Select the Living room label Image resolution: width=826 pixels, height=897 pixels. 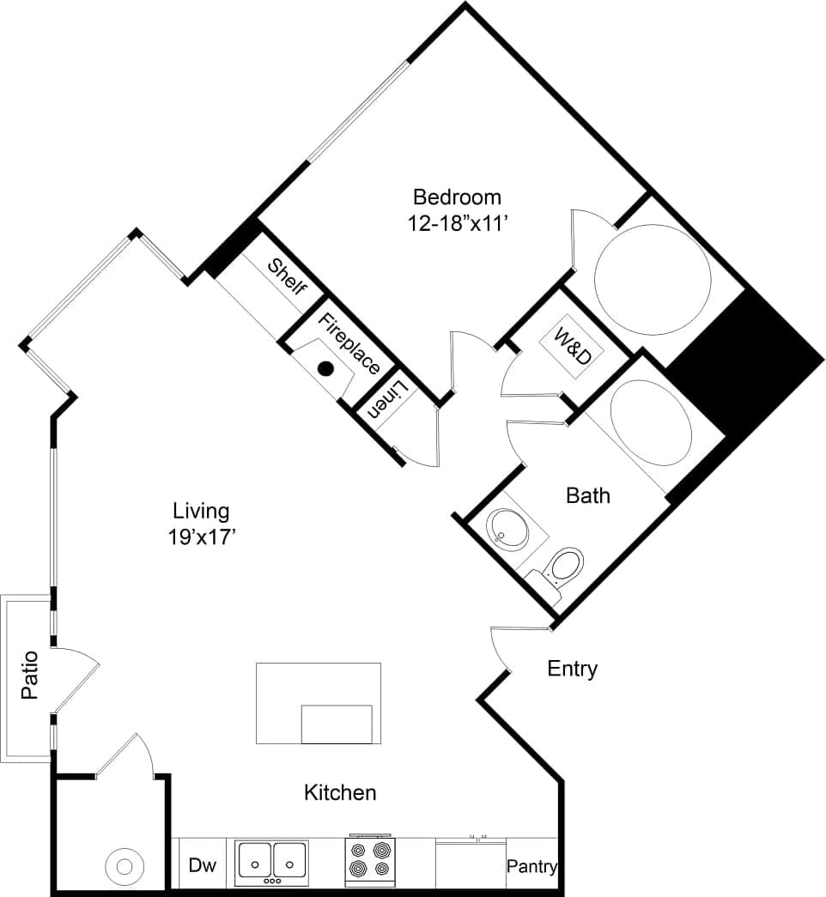tap(201, 512)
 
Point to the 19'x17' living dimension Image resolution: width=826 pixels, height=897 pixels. tap(202, 538)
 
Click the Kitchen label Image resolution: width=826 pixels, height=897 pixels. tap(340, 791)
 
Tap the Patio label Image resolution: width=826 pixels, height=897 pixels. tap(30, 676)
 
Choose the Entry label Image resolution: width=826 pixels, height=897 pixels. tap(572, 669)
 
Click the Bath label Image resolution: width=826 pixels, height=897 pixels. tap(588, 495)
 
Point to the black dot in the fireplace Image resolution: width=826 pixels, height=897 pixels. tap(325, 369)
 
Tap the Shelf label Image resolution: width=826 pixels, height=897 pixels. tap(287, 276)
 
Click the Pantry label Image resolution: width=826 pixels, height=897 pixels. tap(531, 866)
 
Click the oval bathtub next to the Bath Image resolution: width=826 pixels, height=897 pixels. tap(650, 423)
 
